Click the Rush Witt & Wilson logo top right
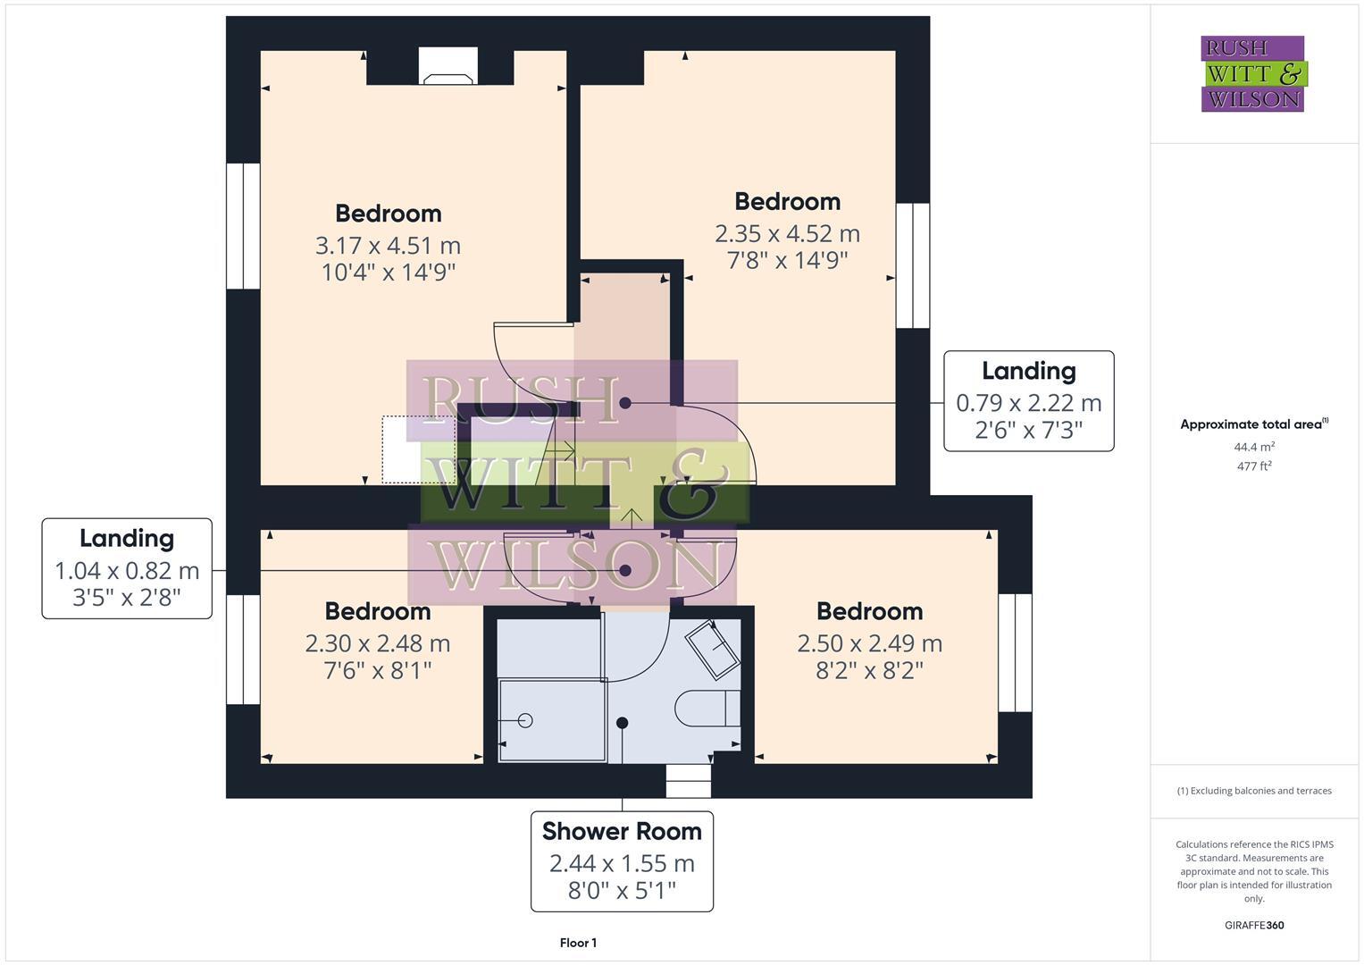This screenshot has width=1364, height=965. tap(1252, 74)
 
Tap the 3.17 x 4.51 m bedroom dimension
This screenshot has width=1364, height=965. tap(388, 245)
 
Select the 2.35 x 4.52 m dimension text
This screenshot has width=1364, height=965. tap(787, 233)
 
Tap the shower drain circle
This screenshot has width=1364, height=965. tap(524, 720)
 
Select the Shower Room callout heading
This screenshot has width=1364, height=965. tap(622, 831)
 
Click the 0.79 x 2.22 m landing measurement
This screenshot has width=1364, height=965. tap(1028, 403)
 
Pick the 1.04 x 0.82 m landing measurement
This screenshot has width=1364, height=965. tap(127, 570)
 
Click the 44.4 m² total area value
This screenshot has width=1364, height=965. tap(1253, 447)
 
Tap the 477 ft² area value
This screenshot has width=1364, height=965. tap(1253, 466)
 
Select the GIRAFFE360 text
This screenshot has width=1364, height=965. tap(1253, 925)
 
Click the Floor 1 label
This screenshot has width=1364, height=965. tap(578, 943)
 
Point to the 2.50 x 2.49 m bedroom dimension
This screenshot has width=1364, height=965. tap(869, 643)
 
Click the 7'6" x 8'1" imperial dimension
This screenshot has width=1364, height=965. tap(377, 670)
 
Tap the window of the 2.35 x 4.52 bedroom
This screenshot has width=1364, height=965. tap(912, 265)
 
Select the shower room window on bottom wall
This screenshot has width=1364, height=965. tap(689, 781)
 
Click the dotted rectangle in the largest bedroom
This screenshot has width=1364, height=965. tap(418, 449)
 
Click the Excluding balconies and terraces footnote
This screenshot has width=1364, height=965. tap(1253, 791)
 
